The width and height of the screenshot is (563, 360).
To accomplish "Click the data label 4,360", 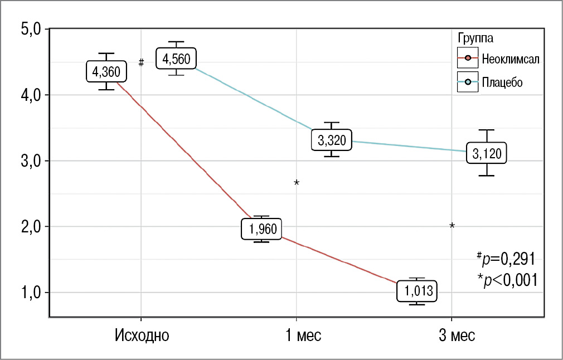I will [106, 71].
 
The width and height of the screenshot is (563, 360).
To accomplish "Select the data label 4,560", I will [176, 58].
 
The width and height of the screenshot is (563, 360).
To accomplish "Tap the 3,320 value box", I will [332, 141].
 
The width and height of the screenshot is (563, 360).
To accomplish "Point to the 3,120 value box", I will [487, 153].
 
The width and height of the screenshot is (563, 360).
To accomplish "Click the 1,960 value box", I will [262, 229].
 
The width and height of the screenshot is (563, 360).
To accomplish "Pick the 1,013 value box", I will [417, 291].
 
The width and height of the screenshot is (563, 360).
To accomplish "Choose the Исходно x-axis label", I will [142, 336].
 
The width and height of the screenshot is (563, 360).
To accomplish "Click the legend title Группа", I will [474, 38].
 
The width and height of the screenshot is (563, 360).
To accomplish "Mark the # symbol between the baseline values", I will [142, 62].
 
